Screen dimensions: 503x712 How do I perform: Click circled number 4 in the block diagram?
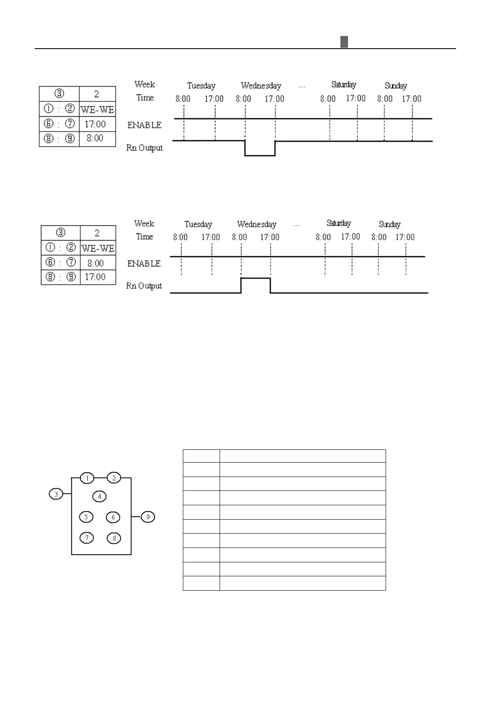point(99,496)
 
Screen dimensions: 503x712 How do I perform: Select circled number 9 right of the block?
point(148,517)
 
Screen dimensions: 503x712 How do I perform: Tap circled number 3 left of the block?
point(56,493)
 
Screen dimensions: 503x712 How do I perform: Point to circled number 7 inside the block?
point(87,538)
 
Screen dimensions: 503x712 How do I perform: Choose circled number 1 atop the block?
point(87,478)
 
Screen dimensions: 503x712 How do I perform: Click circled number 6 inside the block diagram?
point(113,517)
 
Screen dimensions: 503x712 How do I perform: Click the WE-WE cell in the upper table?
point(97,110)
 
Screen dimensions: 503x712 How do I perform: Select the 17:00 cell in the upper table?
point(95,124)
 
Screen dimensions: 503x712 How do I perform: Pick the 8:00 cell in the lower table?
point(95,263)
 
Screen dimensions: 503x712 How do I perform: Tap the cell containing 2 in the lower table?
point(97,233)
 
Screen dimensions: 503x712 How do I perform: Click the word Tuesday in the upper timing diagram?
point(201,86)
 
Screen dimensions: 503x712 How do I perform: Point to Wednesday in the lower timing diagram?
point(256,224)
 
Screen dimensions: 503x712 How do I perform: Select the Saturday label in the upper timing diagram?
point(344,85)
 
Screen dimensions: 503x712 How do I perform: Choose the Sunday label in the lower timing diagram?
point(389,224)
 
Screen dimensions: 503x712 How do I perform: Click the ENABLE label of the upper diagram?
point(144,125)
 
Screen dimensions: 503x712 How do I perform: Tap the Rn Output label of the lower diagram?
point(144,286)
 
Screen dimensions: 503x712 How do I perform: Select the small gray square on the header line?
point(344,42)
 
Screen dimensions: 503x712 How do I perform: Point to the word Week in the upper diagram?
point(144,84)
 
